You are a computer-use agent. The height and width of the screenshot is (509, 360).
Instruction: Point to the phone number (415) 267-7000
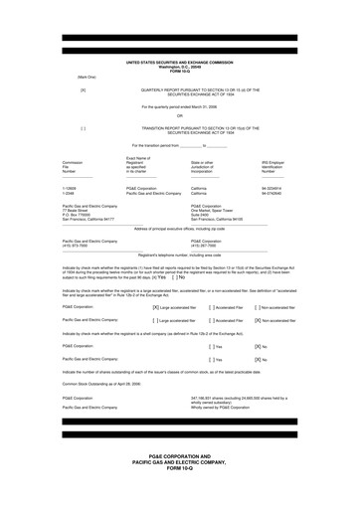206,246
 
